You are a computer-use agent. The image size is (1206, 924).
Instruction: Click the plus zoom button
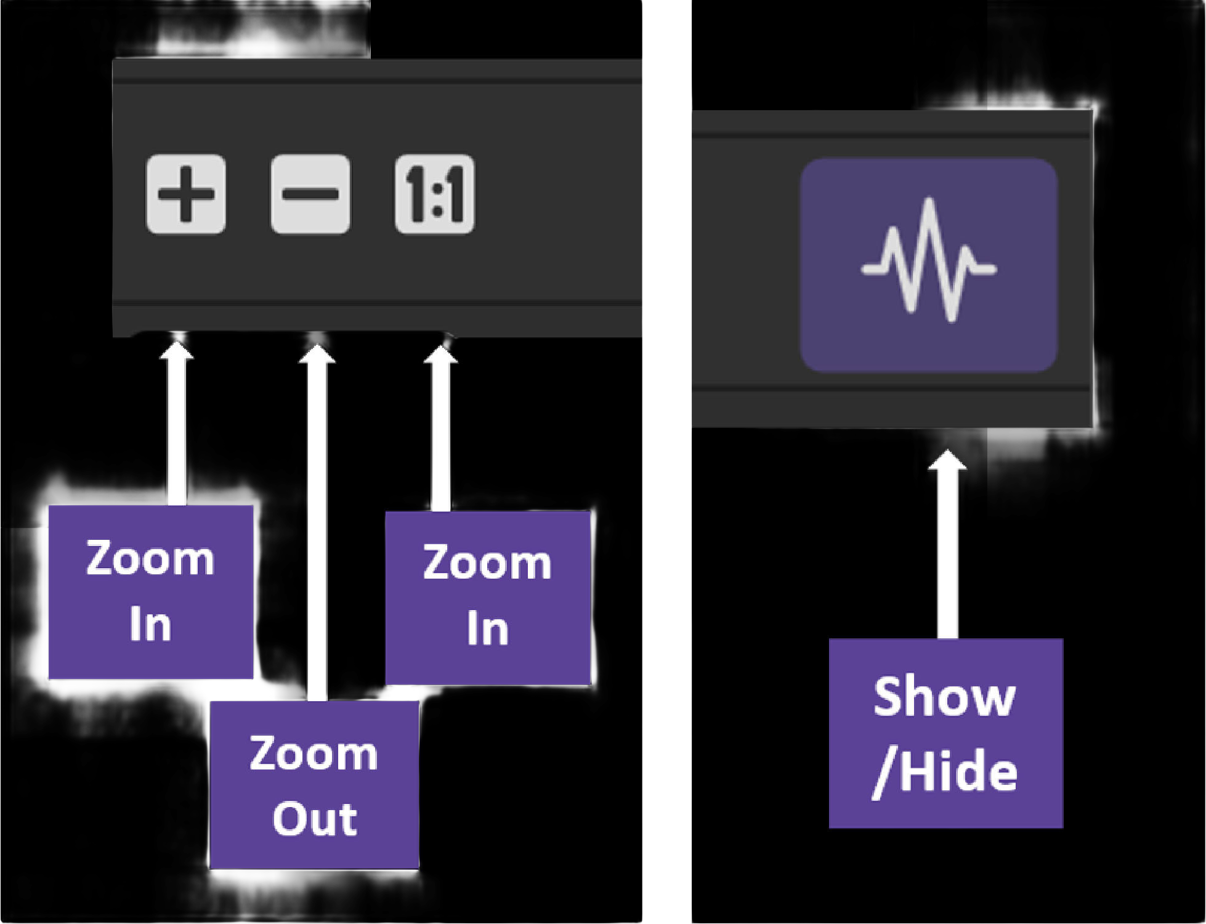pyautogui.click(x=186, y=195)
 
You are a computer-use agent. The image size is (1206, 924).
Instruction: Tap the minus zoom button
pyautogui.click(x=310, y=195)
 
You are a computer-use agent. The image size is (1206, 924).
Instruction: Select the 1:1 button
pyautogui.click(x=435, y=195)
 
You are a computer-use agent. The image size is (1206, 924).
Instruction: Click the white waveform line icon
pyautogui.click(x=929, y=262)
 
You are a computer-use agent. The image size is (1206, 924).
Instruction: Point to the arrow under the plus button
pyautogui.click(x=177, y=425)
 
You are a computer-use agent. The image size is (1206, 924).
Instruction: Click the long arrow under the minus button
pyautogui.click(x=317, y=523)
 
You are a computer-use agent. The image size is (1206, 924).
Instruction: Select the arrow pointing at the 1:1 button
pyautogui.click(x=440, y=431)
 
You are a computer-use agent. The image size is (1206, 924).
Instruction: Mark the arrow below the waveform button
pyautogui.click(x=947, y=548)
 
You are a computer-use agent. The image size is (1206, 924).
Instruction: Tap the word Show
pyautogui.click(x=944, y=697)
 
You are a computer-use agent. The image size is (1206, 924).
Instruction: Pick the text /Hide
pyautogui.click(x=945, y=773)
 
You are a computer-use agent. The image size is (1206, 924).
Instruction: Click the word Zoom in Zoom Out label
pyautogui.click(x=314, y=753)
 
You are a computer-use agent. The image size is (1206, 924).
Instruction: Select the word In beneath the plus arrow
pyautogui.click(x=150, y=625)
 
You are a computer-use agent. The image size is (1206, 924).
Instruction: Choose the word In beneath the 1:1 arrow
pyautogui.click(x=487, y=629)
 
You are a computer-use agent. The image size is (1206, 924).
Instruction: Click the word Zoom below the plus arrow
pyautogui.click(x=150, y=559)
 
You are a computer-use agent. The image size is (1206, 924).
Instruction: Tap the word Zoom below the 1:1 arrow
pyautogui.click(x=487, y=563)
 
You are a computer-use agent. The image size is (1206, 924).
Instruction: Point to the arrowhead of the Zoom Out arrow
pyautogui.click(x=317, y=354)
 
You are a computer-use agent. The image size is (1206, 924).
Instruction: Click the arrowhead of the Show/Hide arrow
pyautogui.click(x=947, y=460)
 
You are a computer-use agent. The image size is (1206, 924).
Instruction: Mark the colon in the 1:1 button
pyautogui.click(x=437, y=196)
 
